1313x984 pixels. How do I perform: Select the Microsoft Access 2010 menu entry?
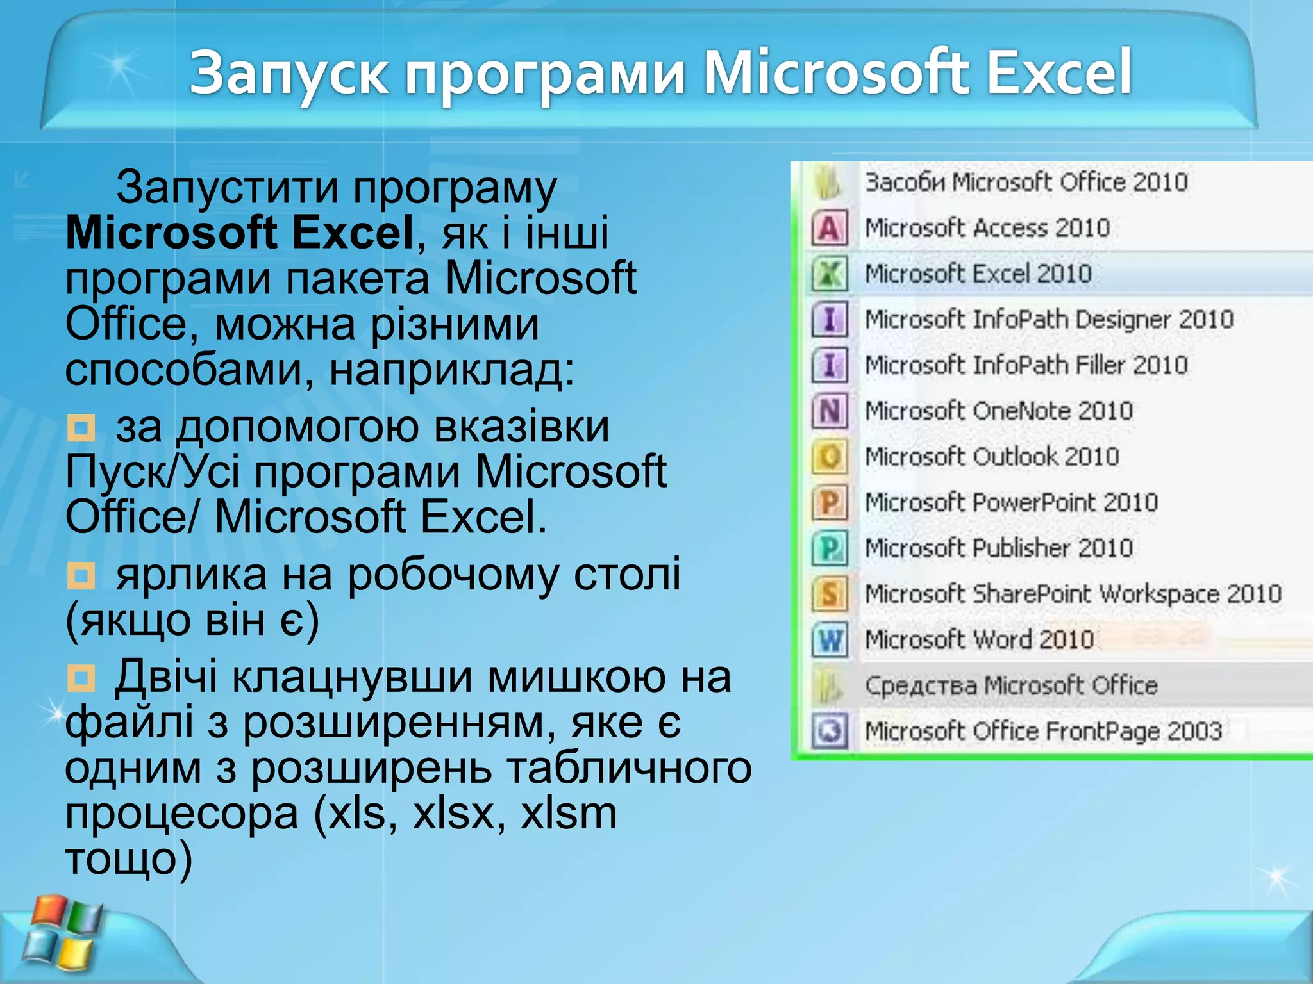tap(987, 228)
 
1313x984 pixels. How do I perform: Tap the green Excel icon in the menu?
tap(830, 274)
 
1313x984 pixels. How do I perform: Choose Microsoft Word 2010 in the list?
tap(979, 639)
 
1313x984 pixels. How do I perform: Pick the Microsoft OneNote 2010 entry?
tap(998, 411)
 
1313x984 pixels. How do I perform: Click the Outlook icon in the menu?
tap(830, 457)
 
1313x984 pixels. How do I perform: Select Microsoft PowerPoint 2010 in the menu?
tap(1011, 502)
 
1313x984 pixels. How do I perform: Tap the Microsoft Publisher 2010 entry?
tap(998, 548)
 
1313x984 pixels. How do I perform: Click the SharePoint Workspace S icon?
tap(830, 594)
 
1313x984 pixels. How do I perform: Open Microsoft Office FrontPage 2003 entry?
tap(1043, 731)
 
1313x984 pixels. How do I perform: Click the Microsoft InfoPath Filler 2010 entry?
tap(1026, 365)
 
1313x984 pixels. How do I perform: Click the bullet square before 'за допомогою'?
tap(81, 428)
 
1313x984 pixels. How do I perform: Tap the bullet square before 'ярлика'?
tap(81, 576)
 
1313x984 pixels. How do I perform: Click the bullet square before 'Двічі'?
tap(81, 678)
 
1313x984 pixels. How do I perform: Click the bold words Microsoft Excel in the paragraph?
tap(240, 233)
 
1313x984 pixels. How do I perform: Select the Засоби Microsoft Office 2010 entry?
tap(1026, 183)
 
